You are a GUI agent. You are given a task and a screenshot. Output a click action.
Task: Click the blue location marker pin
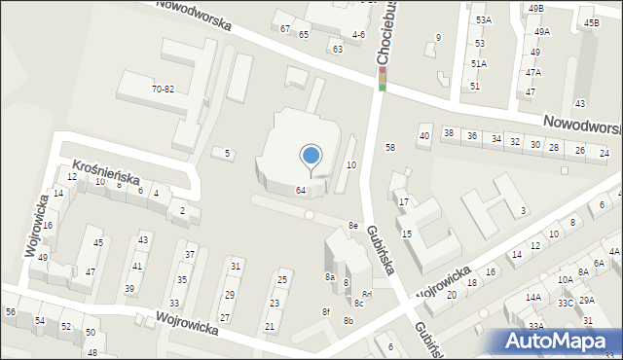pos(311,156)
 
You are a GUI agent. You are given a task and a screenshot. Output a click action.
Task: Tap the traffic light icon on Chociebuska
pos(383,78)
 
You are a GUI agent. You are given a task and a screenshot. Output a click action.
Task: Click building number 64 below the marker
pos(302,190)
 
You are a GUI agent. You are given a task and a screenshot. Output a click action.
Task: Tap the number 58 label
pos(390,147)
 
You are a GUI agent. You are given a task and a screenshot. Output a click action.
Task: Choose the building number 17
pos(403,201)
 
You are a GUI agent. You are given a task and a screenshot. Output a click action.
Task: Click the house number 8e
pos(354,226)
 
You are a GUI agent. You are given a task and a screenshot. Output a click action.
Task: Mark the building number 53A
pos(483,19)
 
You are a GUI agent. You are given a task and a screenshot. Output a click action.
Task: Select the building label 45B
pos(592,21)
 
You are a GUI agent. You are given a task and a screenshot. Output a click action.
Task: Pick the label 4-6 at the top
pos(358,34)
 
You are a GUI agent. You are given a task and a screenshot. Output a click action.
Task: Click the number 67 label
pos(285,29)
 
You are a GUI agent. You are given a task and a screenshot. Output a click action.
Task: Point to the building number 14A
pos(533,298)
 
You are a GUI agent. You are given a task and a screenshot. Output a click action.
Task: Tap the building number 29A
pos(586,301)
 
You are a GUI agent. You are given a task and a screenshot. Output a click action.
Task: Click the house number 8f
pos(326,311)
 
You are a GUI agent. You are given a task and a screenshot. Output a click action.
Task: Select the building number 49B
pos(536,8)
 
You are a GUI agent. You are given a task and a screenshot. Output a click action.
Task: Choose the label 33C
pos(565,304)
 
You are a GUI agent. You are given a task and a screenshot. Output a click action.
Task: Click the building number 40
pos(423,136)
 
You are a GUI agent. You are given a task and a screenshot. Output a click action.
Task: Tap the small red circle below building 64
pos(310,214)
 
